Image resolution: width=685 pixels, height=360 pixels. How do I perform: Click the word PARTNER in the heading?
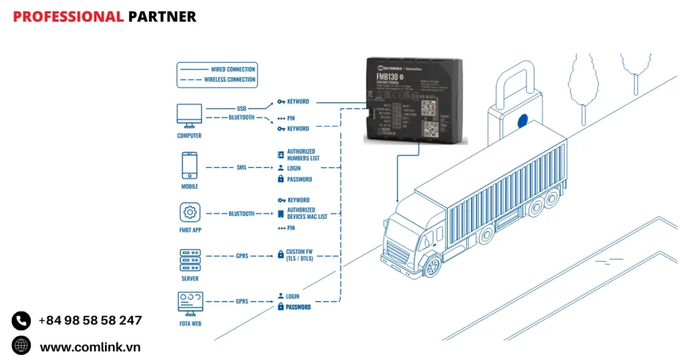162,17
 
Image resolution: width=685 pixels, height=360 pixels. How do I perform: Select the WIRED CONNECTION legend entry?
233,69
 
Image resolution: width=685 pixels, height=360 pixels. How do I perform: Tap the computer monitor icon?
189,115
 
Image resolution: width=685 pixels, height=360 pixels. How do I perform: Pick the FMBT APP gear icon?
190,213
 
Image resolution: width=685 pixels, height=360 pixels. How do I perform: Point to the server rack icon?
189,260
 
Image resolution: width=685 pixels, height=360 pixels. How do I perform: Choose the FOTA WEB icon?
190,302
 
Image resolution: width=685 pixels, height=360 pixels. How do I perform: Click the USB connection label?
241,108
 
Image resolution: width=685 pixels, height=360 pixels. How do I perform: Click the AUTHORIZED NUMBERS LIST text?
303,155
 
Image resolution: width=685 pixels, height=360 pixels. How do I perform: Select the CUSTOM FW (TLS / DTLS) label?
299,255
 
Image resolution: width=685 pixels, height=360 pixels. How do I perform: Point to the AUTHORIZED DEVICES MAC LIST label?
307,213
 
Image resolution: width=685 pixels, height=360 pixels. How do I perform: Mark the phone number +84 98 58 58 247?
90,321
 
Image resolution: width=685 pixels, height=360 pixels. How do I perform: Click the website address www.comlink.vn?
90,347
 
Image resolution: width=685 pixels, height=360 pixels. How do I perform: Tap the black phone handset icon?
21,321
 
